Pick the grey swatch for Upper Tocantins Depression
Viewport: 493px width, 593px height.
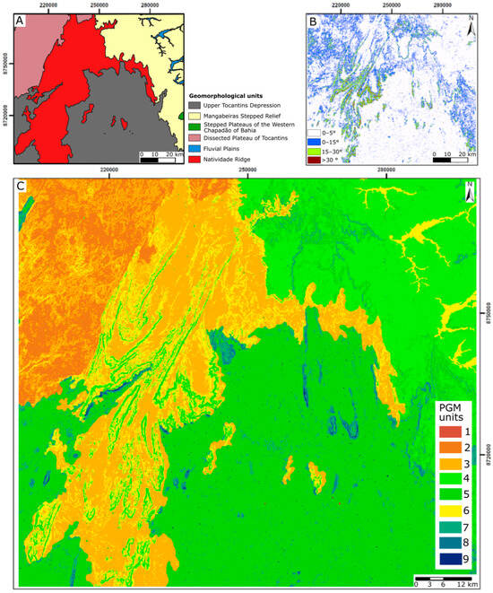(195, 104)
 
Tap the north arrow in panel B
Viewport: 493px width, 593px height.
(471, 29)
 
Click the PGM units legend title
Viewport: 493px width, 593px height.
(452, 414)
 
